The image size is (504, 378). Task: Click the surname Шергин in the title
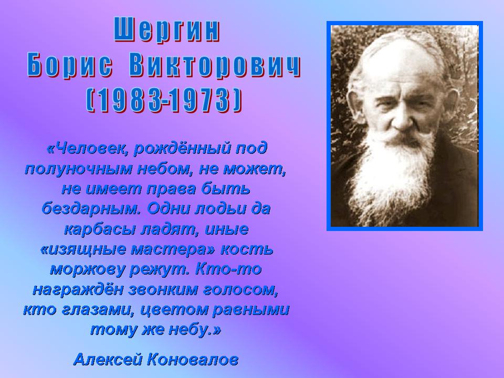click(167, 30)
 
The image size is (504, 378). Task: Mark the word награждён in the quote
click(78, 290)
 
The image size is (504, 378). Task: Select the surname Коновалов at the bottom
click(193, 359)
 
